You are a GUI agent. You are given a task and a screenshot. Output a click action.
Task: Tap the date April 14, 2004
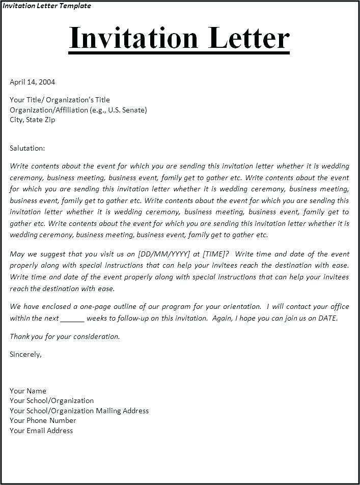tap(33, 81)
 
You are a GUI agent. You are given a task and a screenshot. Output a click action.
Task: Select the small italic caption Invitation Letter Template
tap(47, 6)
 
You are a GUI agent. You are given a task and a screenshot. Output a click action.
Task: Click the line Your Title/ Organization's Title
tap(60, 100)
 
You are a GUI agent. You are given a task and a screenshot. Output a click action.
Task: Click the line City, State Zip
tap(33, 120)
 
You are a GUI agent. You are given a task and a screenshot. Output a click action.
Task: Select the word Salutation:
tap(27, 148)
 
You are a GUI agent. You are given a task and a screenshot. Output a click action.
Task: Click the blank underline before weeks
tap(72, 319)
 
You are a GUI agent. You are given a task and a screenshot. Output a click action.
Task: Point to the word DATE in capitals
tap(327, 318)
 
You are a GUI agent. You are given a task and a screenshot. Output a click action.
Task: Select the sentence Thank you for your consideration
tap(65, 336)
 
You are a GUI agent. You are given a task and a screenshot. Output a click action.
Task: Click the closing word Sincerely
tap(25, 354)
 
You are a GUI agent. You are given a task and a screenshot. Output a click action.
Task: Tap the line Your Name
tap(28, 391)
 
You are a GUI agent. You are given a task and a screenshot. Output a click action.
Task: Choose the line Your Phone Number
tap(43, 420)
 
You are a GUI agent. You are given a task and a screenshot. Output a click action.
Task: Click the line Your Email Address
tap(41, 431)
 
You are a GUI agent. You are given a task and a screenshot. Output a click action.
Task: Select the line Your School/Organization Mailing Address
tap(79, 411)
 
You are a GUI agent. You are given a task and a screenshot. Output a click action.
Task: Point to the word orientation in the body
tap(241, 306)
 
